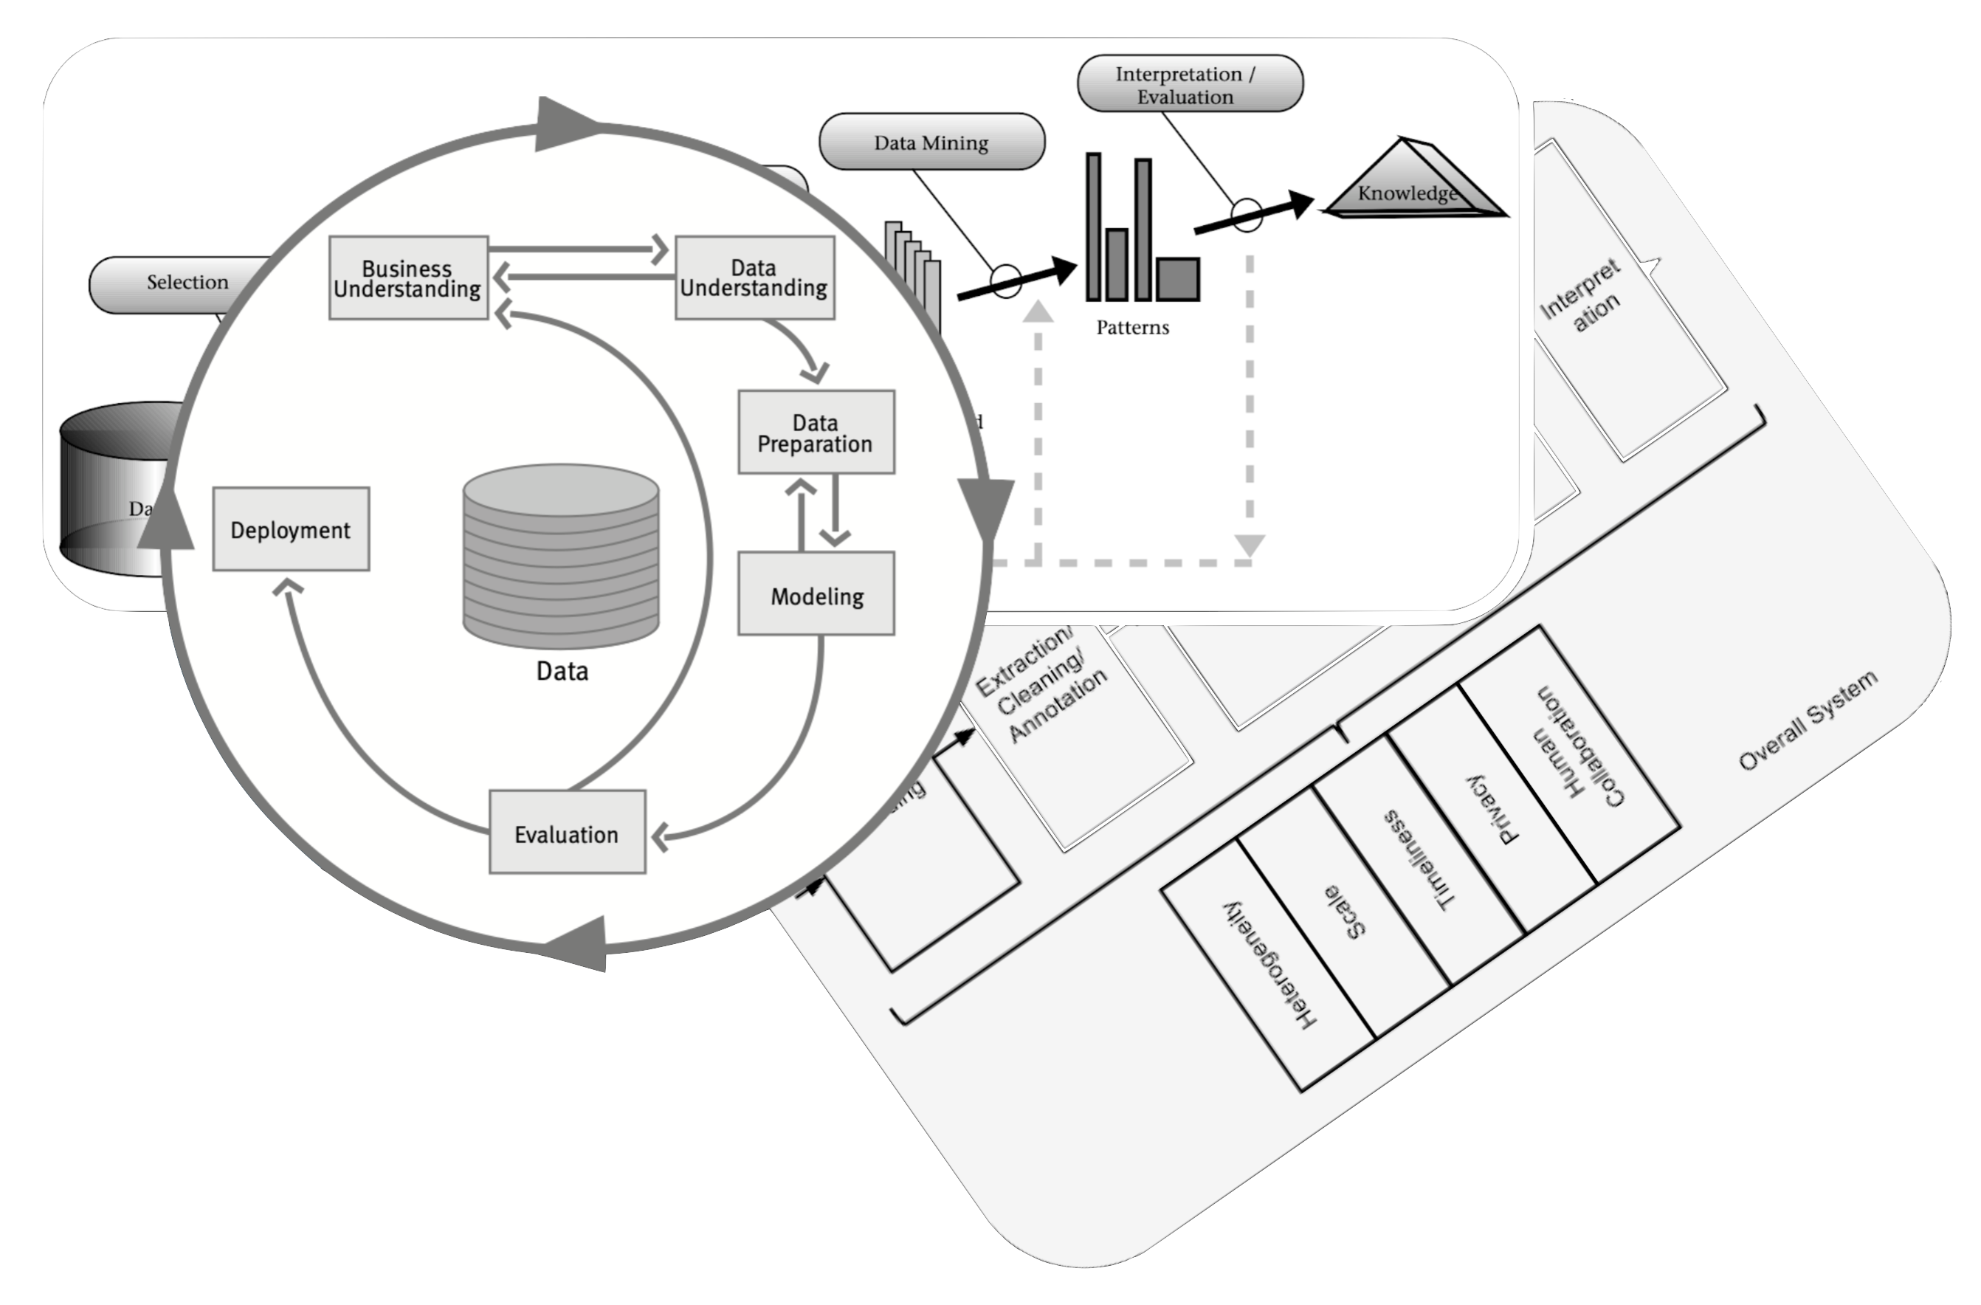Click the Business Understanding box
tap(408, 278)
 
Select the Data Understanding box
tap(754, 278)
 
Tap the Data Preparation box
tap(816, 433)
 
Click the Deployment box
tap(291, 529)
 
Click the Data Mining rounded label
tap(931, 142)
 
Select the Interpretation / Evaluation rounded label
tap(1190, 84)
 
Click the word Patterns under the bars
tap(1132, 327)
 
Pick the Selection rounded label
tap(187, 283)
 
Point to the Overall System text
tap(1808, 720)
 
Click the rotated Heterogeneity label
tap(1269, 965)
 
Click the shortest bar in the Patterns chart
tap(1178, 279)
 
